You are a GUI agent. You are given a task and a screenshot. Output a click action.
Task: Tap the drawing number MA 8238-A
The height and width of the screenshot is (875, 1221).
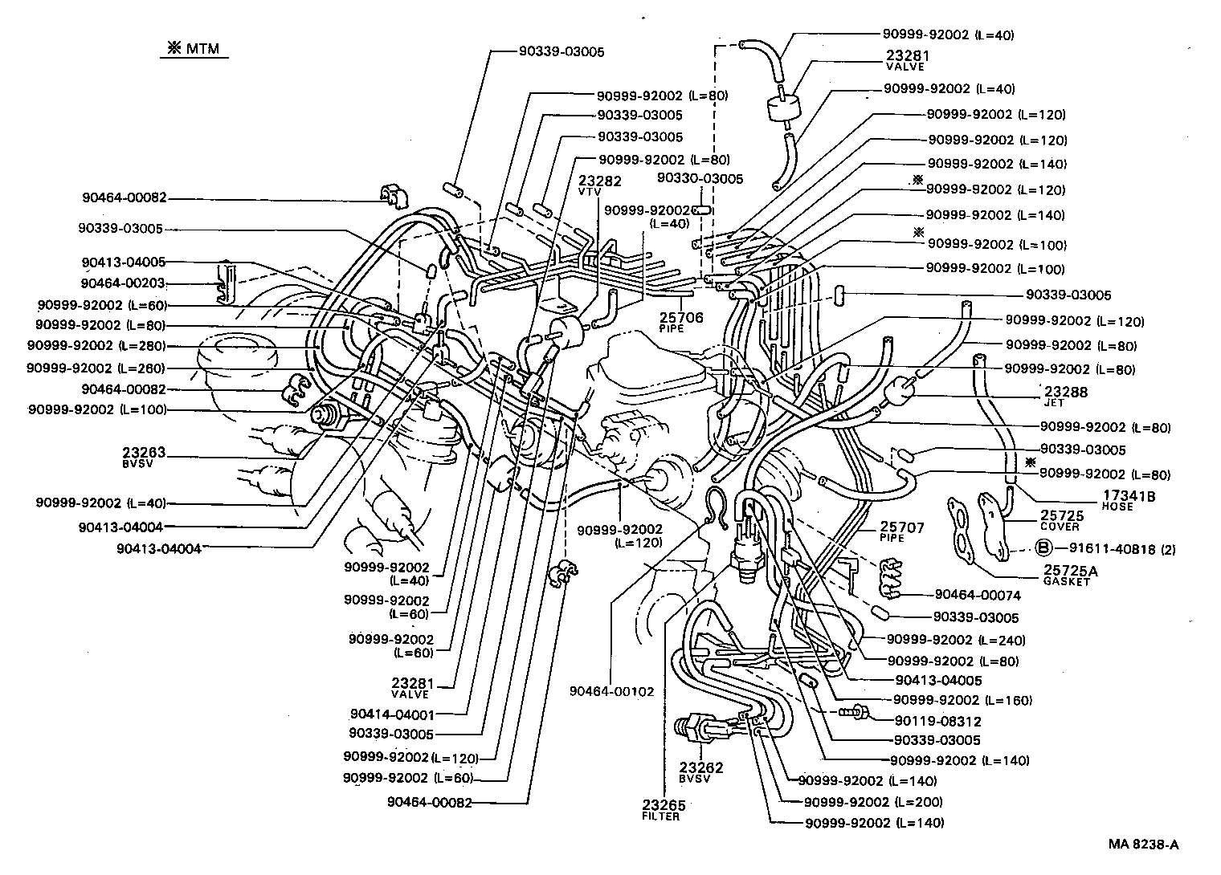click(1144, 844)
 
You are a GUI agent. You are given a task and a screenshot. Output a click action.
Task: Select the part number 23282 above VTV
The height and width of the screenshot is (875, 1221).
click(599, 181)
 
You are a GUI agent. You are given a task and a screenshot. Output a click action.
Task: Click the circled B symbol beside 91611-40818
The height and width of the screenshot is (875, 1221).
click(1043, 549)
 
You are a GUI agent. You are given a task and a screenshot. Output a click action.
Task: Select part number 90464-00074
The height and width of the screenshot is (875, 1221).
click(978, 595)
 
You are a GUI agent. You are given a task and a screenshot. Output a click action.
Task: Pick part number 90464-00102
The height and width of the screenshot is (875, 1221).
click(612, 691)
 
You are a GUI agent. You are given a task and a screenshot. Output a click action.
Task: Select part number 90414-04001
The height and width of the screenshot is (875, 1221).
click(392, 714)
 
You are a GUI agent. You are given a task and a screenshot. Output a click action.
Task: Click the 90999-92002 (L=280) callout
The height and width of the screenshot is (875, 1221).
click(96, 346)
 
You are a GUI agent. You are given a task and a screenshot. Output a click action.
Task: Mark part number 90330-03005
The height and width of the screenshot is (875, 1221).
click(700, 178)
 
